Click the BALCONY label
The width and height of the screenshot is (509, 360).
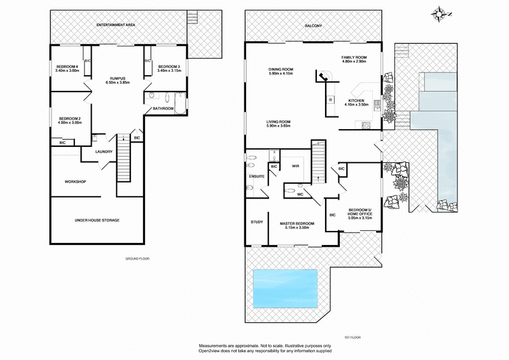(x=313, y=25)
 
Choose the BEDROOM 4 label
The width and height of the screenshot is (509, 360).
(x=67, y=67)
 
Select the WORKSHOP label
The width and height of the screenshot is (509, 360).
(x=75, y=182)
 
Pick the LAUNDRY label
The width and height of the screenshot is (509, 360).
(x=104, y=151)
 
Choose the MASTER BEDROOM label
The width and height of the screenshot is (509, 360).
(x=296, y=223)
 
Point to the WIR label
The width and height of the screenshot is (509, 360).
(x=295, y=166)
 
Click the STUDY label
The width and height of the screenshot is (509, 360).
(x=256, y=222)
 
